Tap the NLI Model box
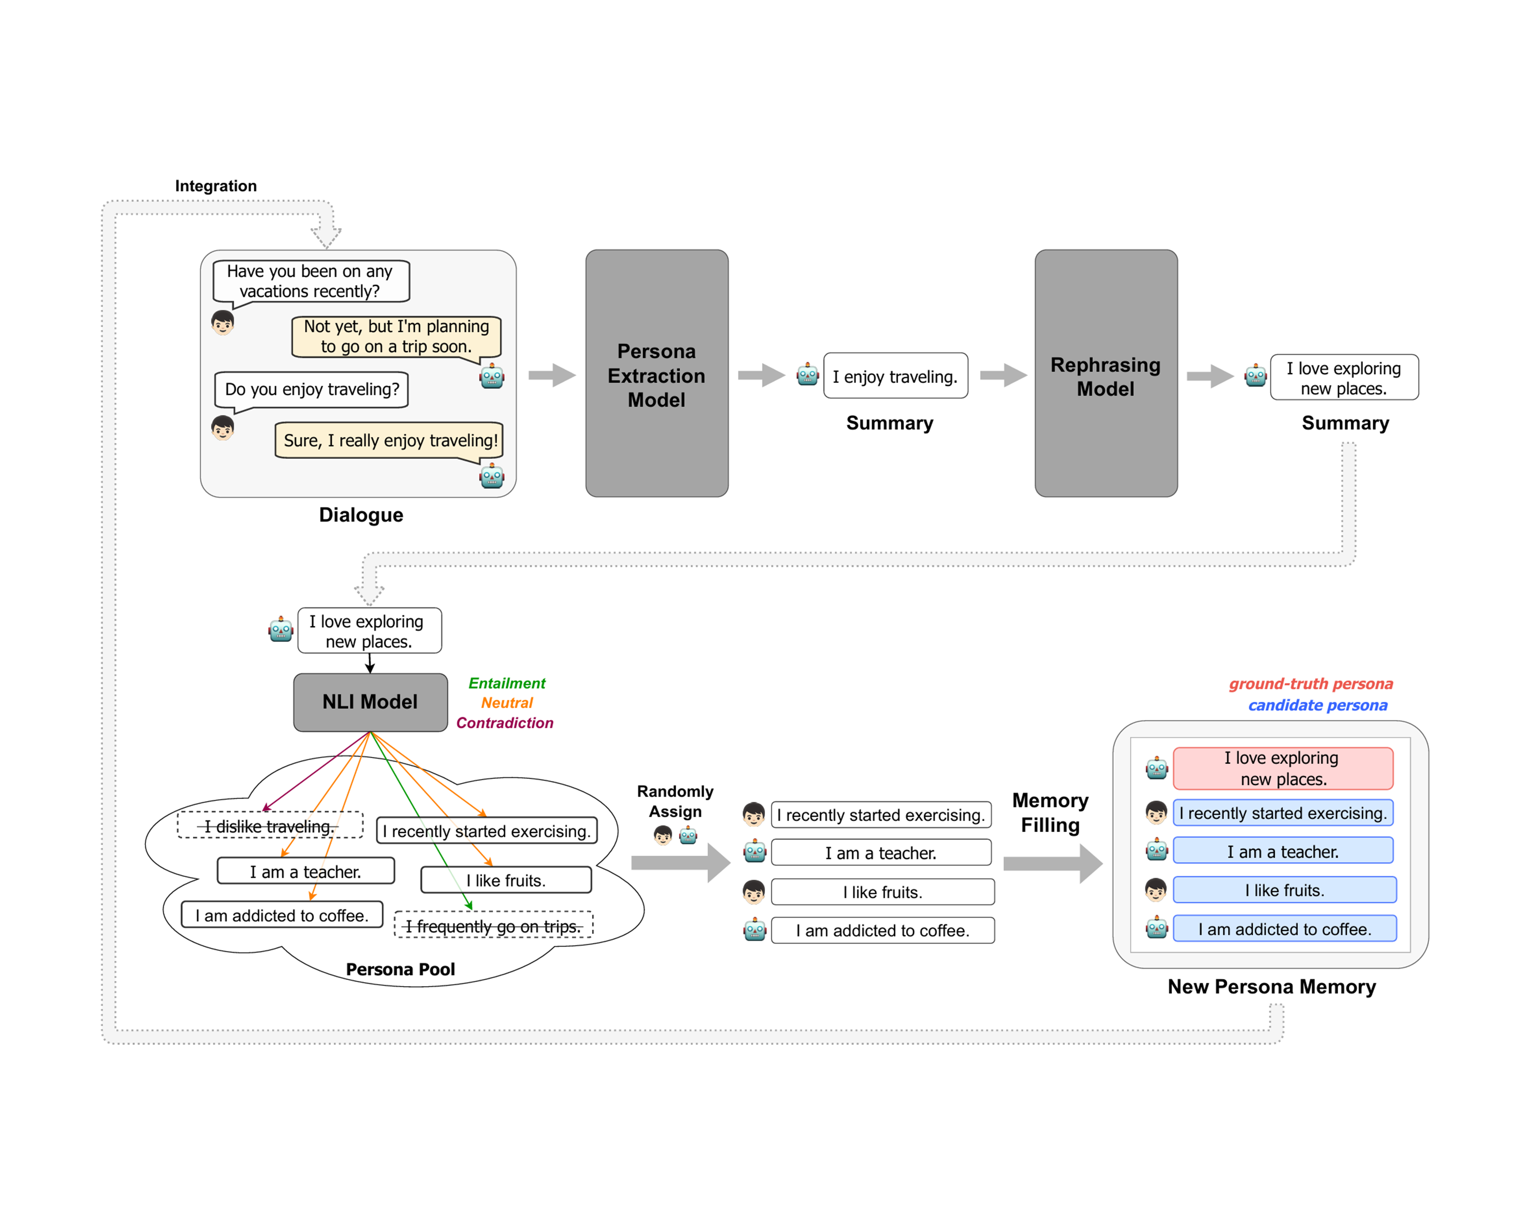pyautogui.click(x=371, y=702)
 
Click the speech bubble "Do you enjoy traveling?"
pyautogui.click(x=312, y=390)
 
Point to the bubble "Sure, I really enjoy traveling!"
pyautogui.click(x=389, y=442)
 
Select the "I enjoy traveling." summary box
pyautogui.click(x=896, y=376)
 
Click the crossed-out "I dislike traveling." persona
pyautogui.click(x=270, y=826)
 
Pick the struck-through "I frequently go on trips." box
pyautogui.click(x=493, y=925)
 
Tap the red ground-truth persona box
pyautogui.click(x=1282, y=768)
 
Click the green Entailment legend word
pyautogui.click(x=507, y=683)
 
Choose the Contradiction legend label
pyautogui.click(x=505, y=723)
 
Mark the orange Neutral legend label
pyautogui.click(x=507, y=703)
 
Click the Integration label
pyautogui.click(x=216, y=186)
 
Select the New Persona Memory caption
pyautogui.click(x=1272, y=987)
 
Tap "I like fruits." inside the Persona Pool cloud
pyautogui.click(x=506, y=880)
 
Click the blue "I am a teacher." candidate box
pyautogui.click(x=1283, y=851)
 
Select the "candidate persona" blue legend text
pyautogui.click(x=1318, y=705)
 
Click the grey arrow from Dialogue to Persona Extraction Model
pyautogui.click(x=552, y=375)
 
